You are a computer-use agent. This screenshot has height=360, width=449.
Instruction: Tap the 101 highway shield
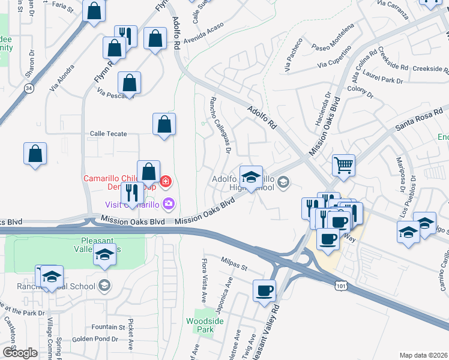341,289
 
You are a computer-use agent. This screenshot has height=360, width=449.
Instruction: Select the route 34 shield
29,88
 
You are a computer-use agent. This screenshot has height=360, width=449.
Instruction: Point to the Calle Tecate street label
109,133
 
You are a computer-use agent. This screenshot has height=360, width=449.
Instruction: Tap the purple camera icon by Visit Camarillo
168,204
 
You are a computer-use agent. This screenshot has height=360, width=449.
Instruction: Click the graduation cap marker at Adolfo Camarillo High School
251,176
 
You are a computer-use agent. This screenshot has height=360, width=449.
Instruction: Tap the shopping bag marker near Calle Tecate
164,124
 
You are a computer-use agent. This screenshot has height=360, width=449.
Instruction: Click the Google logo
19,353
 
